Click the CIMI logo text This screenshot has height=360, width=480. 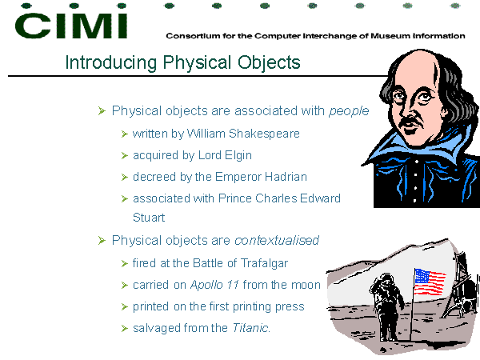[x=71, y=26]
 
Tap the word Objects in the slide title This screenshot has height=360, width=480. [x=269, y=63]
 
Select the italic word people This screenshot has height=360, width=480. [x=349, y=111]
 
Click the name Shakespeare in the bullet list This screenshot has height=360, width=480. [x=264, y=134]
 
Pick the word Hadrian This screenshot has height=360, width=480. [x=286, y=177]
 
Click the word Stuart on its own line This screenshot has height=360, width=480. [x=149, y=218]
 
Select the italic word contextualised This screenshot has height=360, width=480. [x=277, y=241]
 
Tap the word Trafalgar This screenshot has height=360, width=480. [x=264, y=263]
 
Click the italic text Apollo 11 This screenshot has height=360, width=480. [x=214, y=285]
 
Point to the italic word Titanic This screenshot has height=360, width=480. [x=251, y=328]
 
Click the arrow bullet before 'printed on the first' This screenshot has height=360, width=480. [x=124, y=306]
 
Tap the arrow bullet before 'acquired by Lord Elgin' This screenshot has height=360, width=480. [x=124, y=156]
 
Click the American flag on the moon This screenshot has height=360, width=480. [x=429, y=282]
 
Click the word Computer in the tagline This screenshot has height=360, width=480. [x=278, y=36]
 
